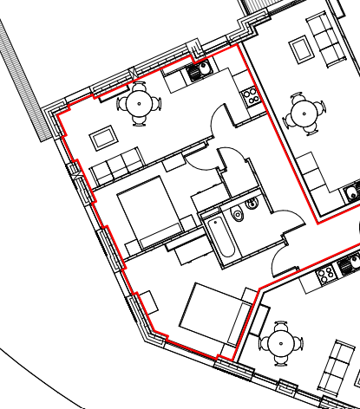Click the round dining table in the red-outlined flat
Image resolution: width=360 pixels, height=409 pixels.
point(139,104)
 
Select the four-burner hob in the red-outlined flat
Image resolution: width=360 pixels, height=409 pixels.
point(251,95)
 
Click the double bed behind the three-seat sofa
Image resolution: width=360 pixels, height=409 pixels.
point(147,211)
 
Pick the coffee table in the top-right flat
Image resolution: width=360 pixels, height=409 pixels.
point(302,49)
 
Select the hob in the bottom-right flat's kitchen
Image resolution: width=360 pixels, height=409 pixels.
point(327,275)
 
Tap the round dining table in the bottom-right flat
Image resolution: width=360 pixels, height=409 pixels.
point(281,343)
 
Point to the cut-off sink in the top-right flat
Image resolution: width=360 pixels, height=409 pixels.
point(352,192)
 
